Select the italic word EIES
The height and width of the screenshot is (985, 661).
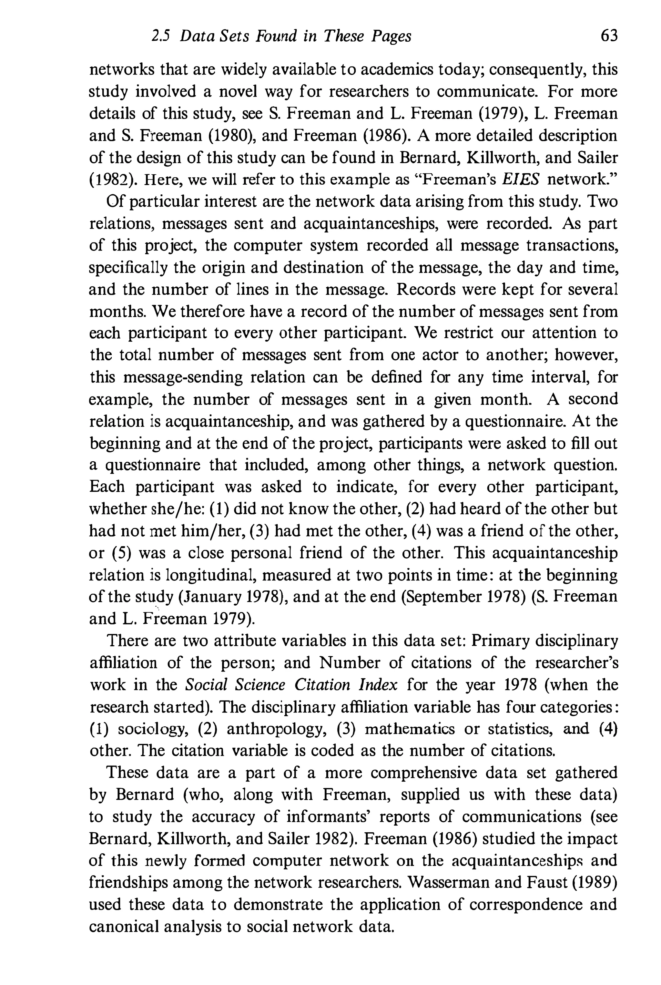click(x=521, y=179)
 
